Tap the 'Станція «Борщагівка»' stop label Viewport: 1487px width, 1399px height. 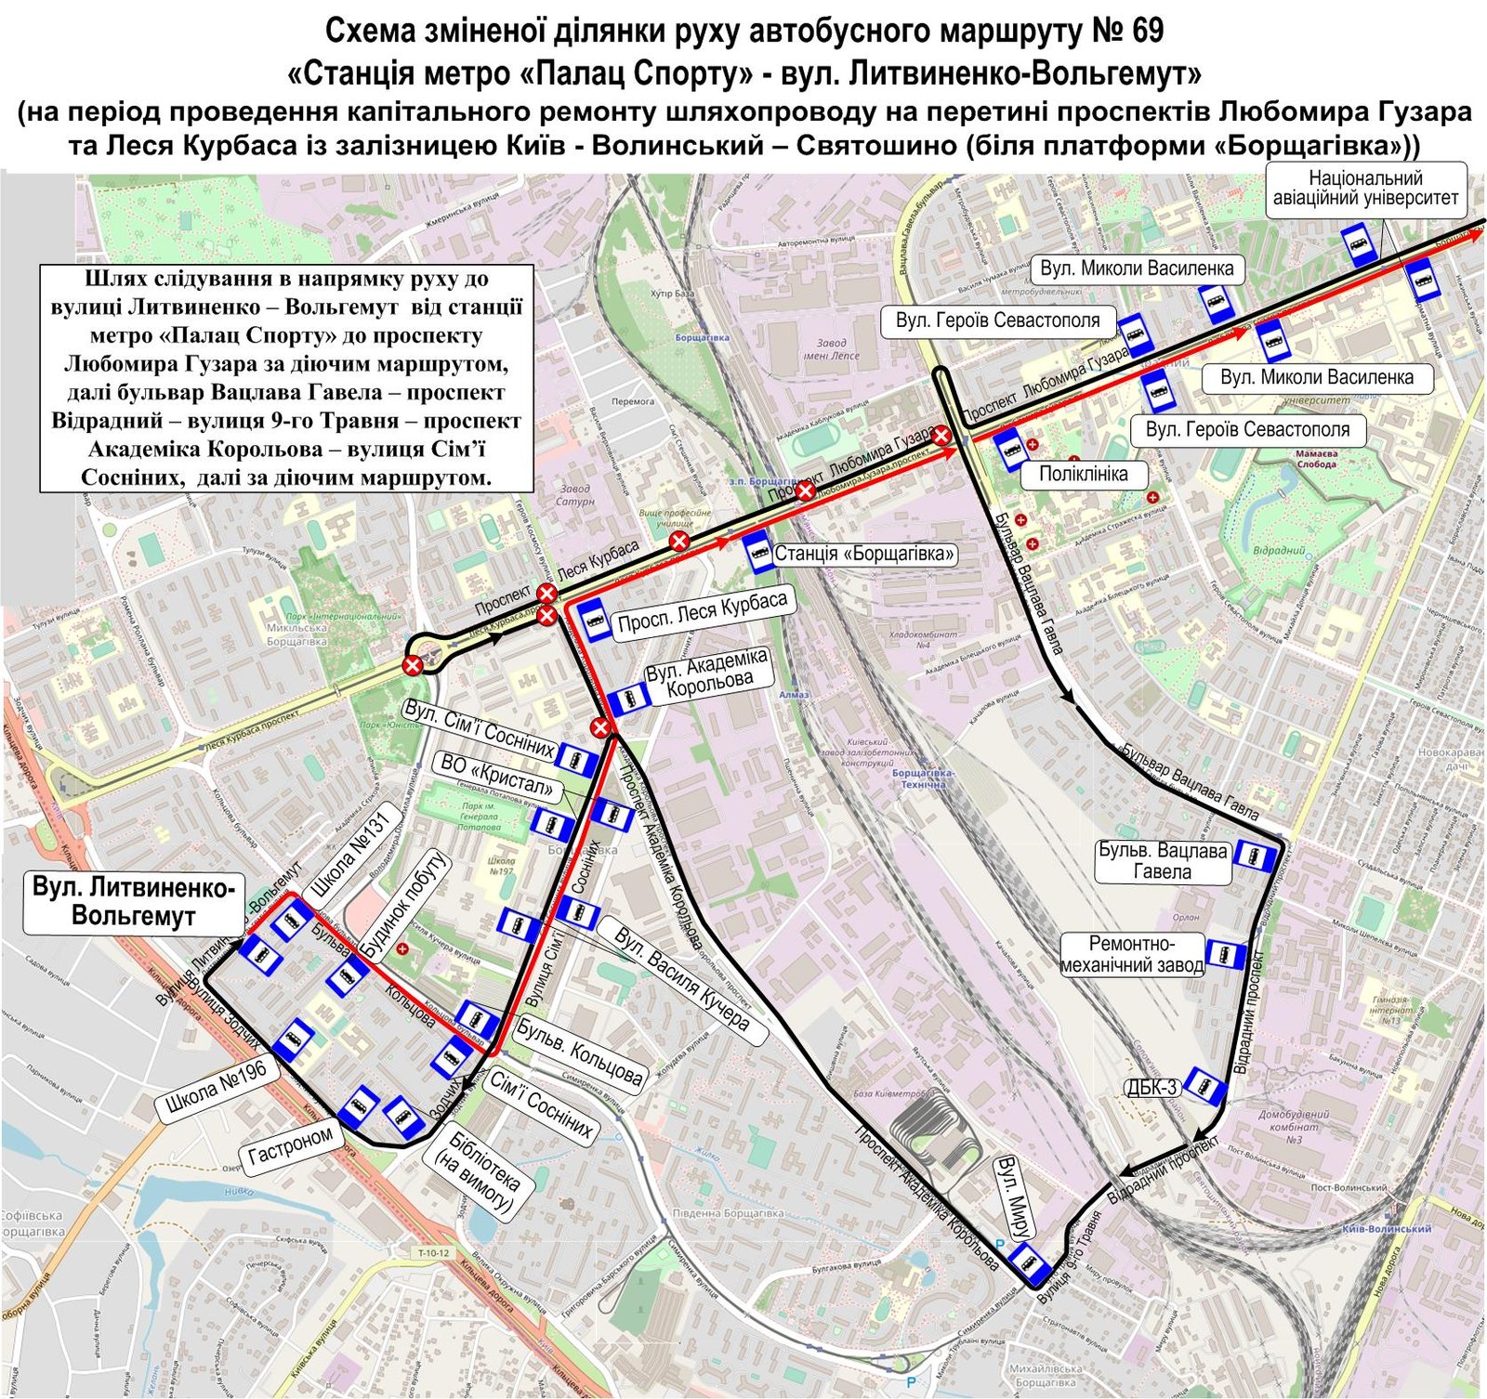(864, 555)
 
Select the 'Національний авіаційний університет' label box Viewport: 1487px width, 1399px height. (1365, 189)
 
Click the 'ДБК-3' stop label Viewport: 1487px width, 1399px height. (1152, 1088)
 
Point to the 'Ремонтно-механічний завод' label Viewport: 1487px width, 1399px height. (1133, 955)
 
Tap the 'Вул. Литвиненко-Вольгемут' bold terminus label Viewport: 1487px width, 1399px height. (133, 902)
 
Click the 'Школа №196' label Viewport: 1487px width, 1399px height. (217, 1089)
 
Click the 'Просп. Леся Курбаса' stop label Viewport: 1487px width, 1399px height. (702, 614)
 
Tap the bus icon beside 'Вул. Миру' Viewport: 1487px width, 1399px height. (1029, 1262)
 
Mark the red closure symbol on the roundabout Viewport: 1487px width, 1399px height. (412, 664)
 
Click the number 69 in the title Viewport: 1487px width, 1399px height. (1148, 31)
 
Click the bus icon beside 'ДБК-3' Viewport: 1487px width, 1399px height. (1207, 1086)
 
